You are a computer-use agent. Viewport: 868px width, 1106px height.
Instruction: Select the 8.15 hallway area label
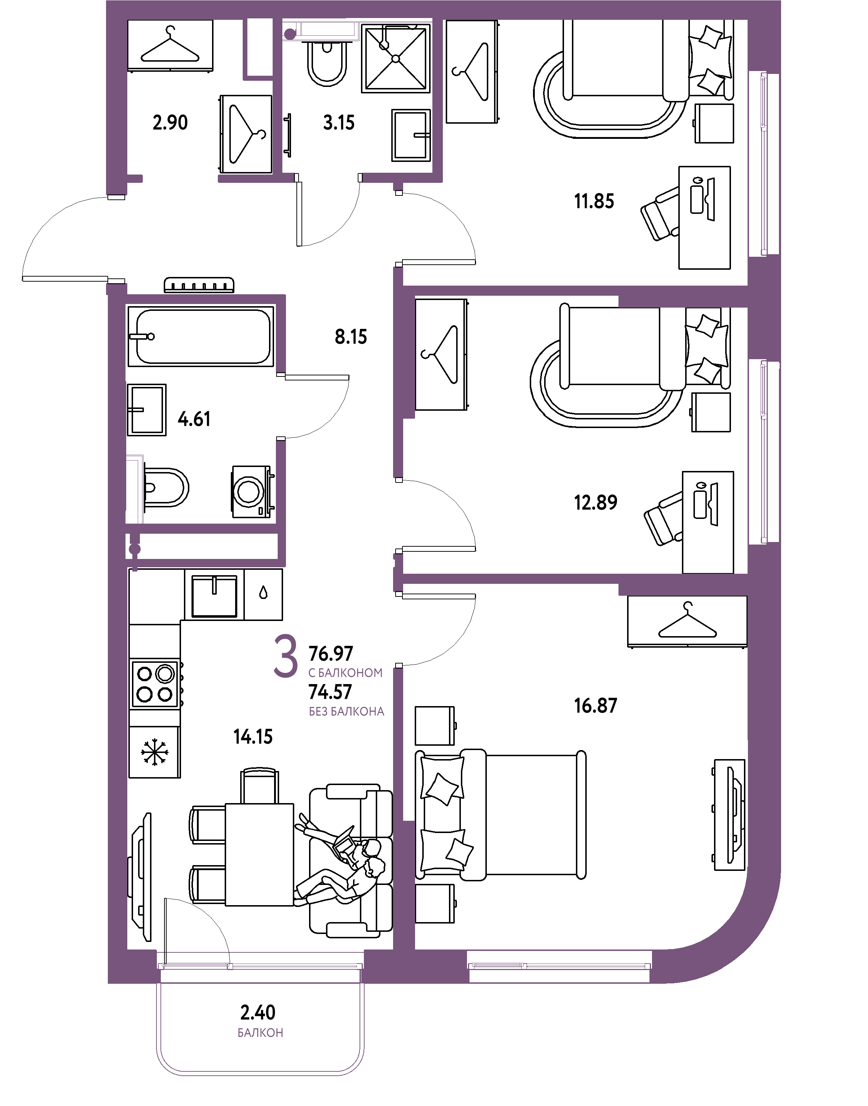click(x=351, y=336)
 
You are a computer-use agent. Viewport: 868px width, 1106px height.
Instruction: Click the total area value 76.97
click(x=330, y=653)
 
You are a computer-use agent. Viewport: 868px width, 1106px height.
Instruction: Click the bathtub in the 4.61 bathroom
click(x=201, y=336)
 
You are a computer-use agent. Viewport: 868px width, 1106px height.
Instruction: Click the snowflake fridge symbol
click(x=154, y=752)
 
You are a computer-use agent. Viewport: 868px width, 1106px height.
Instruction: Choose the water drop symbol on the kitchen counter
click(x=263, y=592)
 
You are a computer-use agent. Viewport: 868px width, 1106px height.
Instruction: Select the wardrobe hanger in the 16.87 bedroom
click(x=687, y=621)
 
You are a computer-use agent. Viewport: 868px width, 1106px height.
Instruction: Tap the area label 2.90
click(x=170, y=123)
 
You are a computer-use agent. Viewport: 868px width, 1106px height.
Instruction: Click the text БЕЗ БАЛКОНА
click(x=347, y=711)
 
